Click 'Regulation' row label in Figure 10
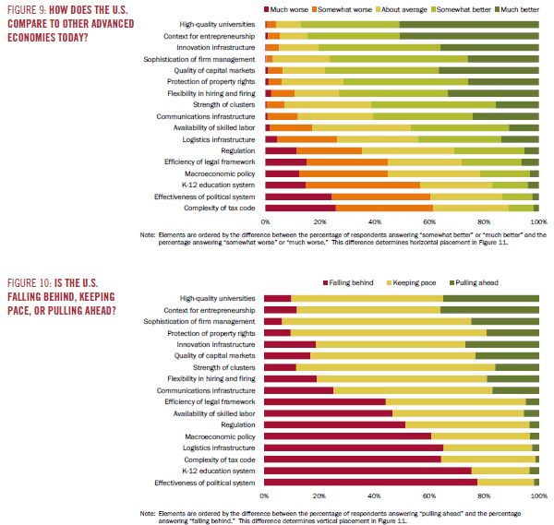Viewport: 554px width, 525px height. coord(238,424)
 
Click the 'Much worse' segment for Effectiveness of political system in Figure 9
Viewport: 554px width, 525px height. coord(298,197)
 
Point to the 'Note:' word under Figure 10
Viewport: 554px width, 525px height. coord(147,512)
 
